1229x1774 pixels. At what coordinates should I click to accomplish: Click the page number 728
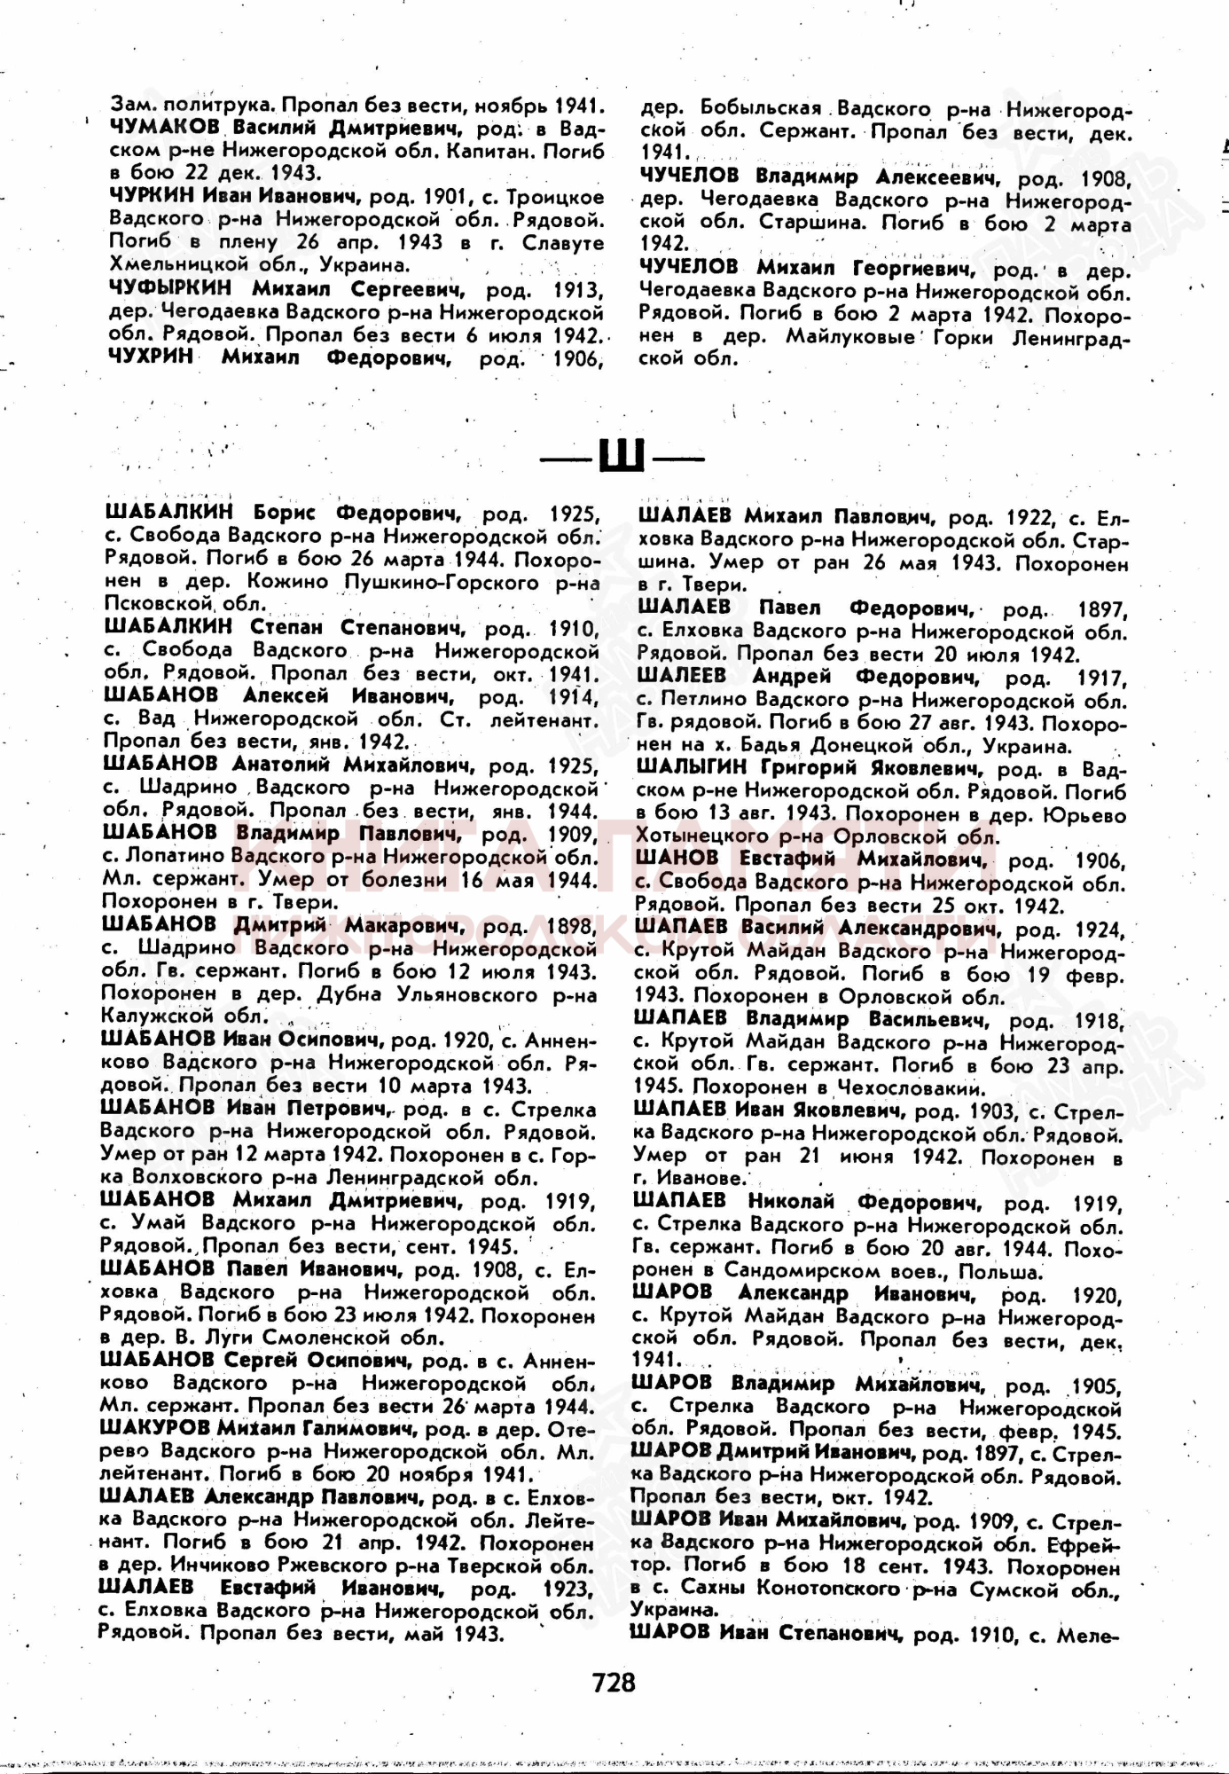click(x=614, y=1682)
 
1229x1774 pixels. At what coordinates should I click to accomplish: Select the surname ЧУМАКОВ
click(x=166, y=128)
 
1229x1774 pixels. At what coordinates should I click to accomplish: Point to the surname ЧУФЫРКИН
click(x=169, y=288)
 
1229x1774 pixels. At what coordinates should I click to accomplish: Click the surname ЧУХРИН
click(x=151, y=357)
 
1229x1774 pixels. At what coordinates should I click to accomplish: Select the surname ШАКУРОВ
click(x=154, y=1428)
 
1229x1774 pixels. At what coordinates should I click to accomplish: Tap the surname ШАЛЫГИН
click(x=693, y=768)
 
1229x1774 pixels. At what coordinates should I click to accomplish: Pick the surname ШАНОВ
click(x=677, y=859)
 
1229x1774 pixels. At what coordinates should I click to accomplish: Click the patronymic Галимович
click(x=364, y=1428)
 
